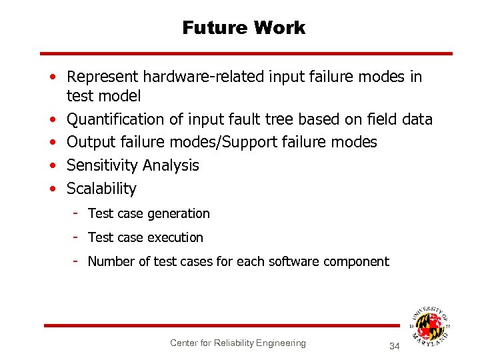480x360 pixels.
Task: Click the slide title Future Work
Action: [x=243, y=28]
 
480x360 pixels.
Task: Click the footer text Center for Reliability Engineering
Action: [x=237, y=343]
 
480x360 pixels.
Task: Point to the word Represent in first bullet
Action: [x=99, y=77]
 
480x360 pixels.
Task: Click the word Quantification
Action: [x=115, y=119]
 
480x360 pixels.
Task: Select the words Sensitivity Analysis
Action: [x=133, y=165]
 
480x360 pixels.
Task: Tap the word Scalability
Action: [x=101, y=189]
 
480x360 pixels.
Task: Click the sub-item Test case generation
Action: [x=149, y=213]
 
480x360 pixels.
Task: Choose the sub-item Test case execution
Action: [x=145, y=237]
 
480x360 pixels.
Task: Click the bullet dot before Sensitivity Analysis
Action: [x=52, y=165]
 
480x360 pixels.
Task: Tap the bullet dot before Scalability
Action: [x=52, y=189]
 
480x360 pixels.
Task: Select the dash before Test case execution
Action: [x=77, y=237]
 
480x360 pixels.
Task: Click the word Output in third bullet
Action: [x=89, y=142]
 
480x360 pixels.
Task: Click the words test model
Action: [x=103, y=96]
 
